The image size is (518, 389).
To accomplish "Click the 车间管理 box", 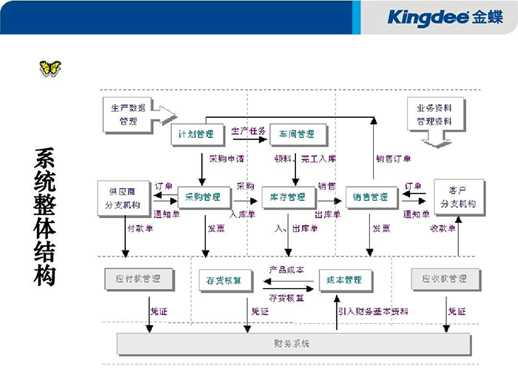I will pos(296,134).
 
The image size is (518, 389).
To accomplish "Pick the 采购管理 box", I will pos(204,198).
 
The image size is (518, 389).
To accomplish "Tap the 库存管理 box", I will pos(289,198).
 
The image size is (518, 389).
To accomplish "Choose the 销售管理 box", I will pos(371,198).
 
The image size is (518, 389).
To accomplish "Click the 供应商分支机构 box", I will pos(124,198).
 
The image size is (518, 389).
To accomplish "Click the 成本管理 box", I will pos(345,279).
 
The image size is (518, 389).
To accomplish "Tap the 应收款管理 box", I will pos(444,279).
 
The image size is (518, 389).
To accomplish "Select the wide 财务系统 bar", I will pos(293,344).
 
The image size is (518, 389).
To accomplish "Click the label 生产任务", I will pos(249,130).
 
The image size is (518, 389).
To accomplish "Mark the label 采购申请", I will pos(226,158).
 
